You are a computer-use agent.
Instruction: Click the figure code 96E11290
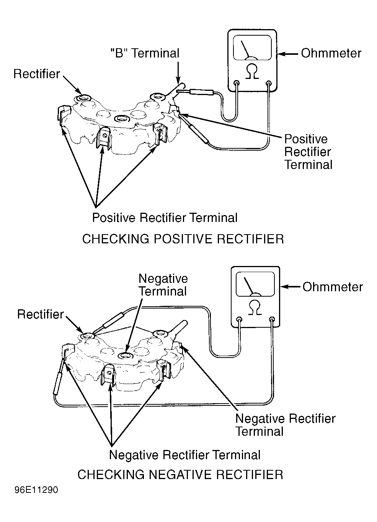[x=36, y=490]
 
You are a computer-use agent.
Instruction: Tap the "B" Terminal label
[x=145, y=53]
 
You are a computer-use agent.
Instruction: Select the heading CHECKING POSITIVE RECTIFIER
[x=183, y=239]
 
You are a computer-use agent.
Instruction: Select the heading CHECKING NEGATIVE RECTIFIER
[x=180, y=474]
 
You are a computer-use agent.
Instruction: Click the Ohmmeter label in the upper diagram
[x=331, y=53]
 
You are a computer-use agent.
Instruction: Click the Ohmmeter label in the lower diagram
[x=333, y=287]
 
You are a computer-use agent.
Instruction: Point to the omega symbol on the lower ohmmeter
[x=255, y=307]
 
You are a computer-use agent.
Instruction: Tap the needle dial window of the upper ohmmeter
[x=252, y=48]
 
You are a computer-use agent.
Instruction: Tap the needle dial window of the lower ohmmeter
[x=255, y=284]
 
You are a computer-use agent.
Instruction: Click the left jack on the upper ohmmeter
[x=237, y=83]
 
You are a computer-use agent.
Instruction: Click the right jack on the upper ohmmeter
[x=269, y=83]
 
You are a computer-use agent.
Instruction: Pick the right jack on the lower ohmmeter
[x=272, y=319]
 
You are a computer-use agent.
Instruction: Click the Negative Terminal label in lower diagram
[x=163, y=285]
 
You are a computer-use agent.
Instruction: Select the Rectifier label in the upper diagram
[x=37, y=74]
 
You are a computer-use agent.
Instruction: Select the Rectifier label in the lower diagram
[x=41, y=314]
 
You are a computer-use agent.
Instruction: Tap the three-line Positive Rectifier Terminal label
[x=308, y=152]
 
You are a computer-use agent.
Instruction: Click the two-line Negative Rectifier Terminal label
[x=285, y=425]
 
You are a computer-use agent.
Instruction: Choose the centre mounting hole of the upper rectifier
[x=121, y=119]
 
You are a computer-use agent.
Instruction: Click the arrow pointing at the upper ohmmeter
[x=288, y=54]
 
